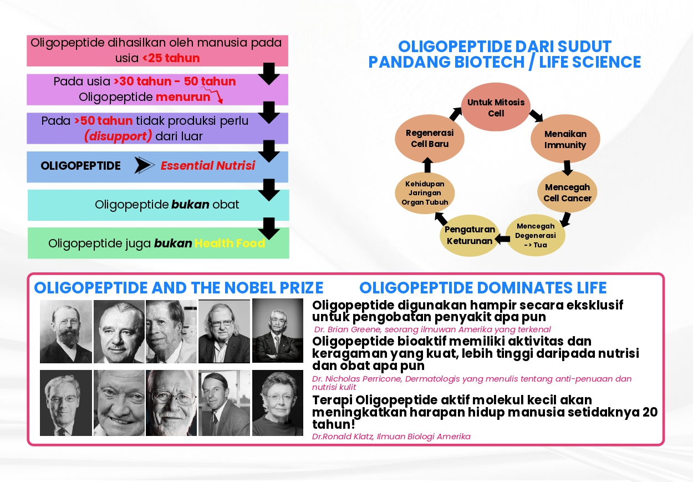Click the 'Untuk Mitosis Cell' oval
pyautogui.click(x=496, y=108)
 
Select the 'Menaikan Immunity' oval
pyautogui.click(x=565, y=140)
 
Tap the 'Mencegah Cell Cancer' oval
pyautogui.click(x=567, y=192)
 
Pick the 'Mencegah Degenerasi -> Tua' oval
pyautogui.click(x=535, y=235)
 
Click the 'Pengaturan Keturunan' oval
pyautogui.click(x=470, y=235)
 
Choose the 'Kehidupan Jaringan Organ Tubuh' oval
pyautogui.click(x=425, y=193)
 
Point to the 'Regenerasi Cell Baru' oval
pyautogui.click(x=430, y=139)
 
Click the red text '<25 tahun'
pyautogui.click(x=171, y=58)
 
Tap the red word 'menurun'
pyautogui.click(x=183, y=97)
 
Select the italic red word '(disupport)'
pyautogui.click(x=118, y=136)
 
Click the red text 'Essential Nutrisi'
pyautogui.click(x=208, y=165)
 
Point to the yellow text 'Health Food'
pyautogui.click(x=230, y=243)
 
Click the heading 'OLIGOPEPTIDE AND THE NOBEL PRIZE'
pyautogui.click(x=179, y=288)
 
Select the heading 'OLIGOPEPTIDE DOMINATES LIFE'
pyautogui.click(x=483, y=288)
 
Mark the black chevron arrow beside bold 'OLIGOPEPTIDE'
pyautogui.click(x=144, y=165)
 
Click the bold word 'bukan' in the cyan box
pyautogui.click(x=190, y=205)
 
